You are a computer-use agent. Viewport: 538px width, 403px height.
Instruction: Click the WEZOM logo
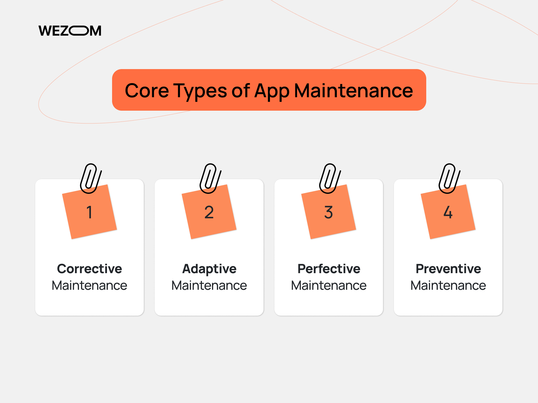pos(70,31)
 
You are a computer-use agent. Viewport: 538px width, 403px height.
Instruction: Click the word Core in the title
pos(147,91)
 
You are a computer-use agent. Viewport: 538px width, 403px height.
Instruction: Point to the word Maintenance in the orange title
pos(354,91)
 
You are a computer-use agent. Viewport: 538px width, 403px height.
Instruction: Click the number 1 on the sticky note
pos(89,212)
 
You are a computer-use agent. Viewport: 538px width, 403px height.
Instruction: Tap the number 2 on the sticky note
pos(209,212)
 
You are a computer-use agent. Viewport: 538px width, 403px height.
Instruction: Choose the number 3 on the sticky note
pos(329,212)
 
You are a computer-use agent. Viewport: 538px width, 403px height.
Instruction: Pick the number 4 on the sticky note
pos(448,212)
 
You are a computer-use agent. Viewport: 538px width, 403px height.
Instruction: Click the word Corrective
pos(89,269)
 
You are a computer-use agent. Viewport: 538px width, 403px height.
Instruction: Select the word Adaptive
pos(209,269)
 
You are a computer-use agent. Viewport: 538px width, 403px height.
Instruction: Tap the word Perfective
pos(329,269)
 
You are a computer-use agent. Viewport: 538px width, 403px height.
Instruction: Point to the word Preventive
pos(448,269)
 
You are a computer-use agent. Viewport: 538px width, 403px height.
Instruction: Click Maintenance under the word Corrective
pos(89,285)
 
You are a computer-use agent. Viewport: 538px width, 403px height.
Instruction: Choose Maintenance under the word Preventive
pos(448,285)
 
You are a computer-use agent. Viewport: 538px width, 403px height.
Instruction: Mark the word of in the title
pos(240,91)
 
